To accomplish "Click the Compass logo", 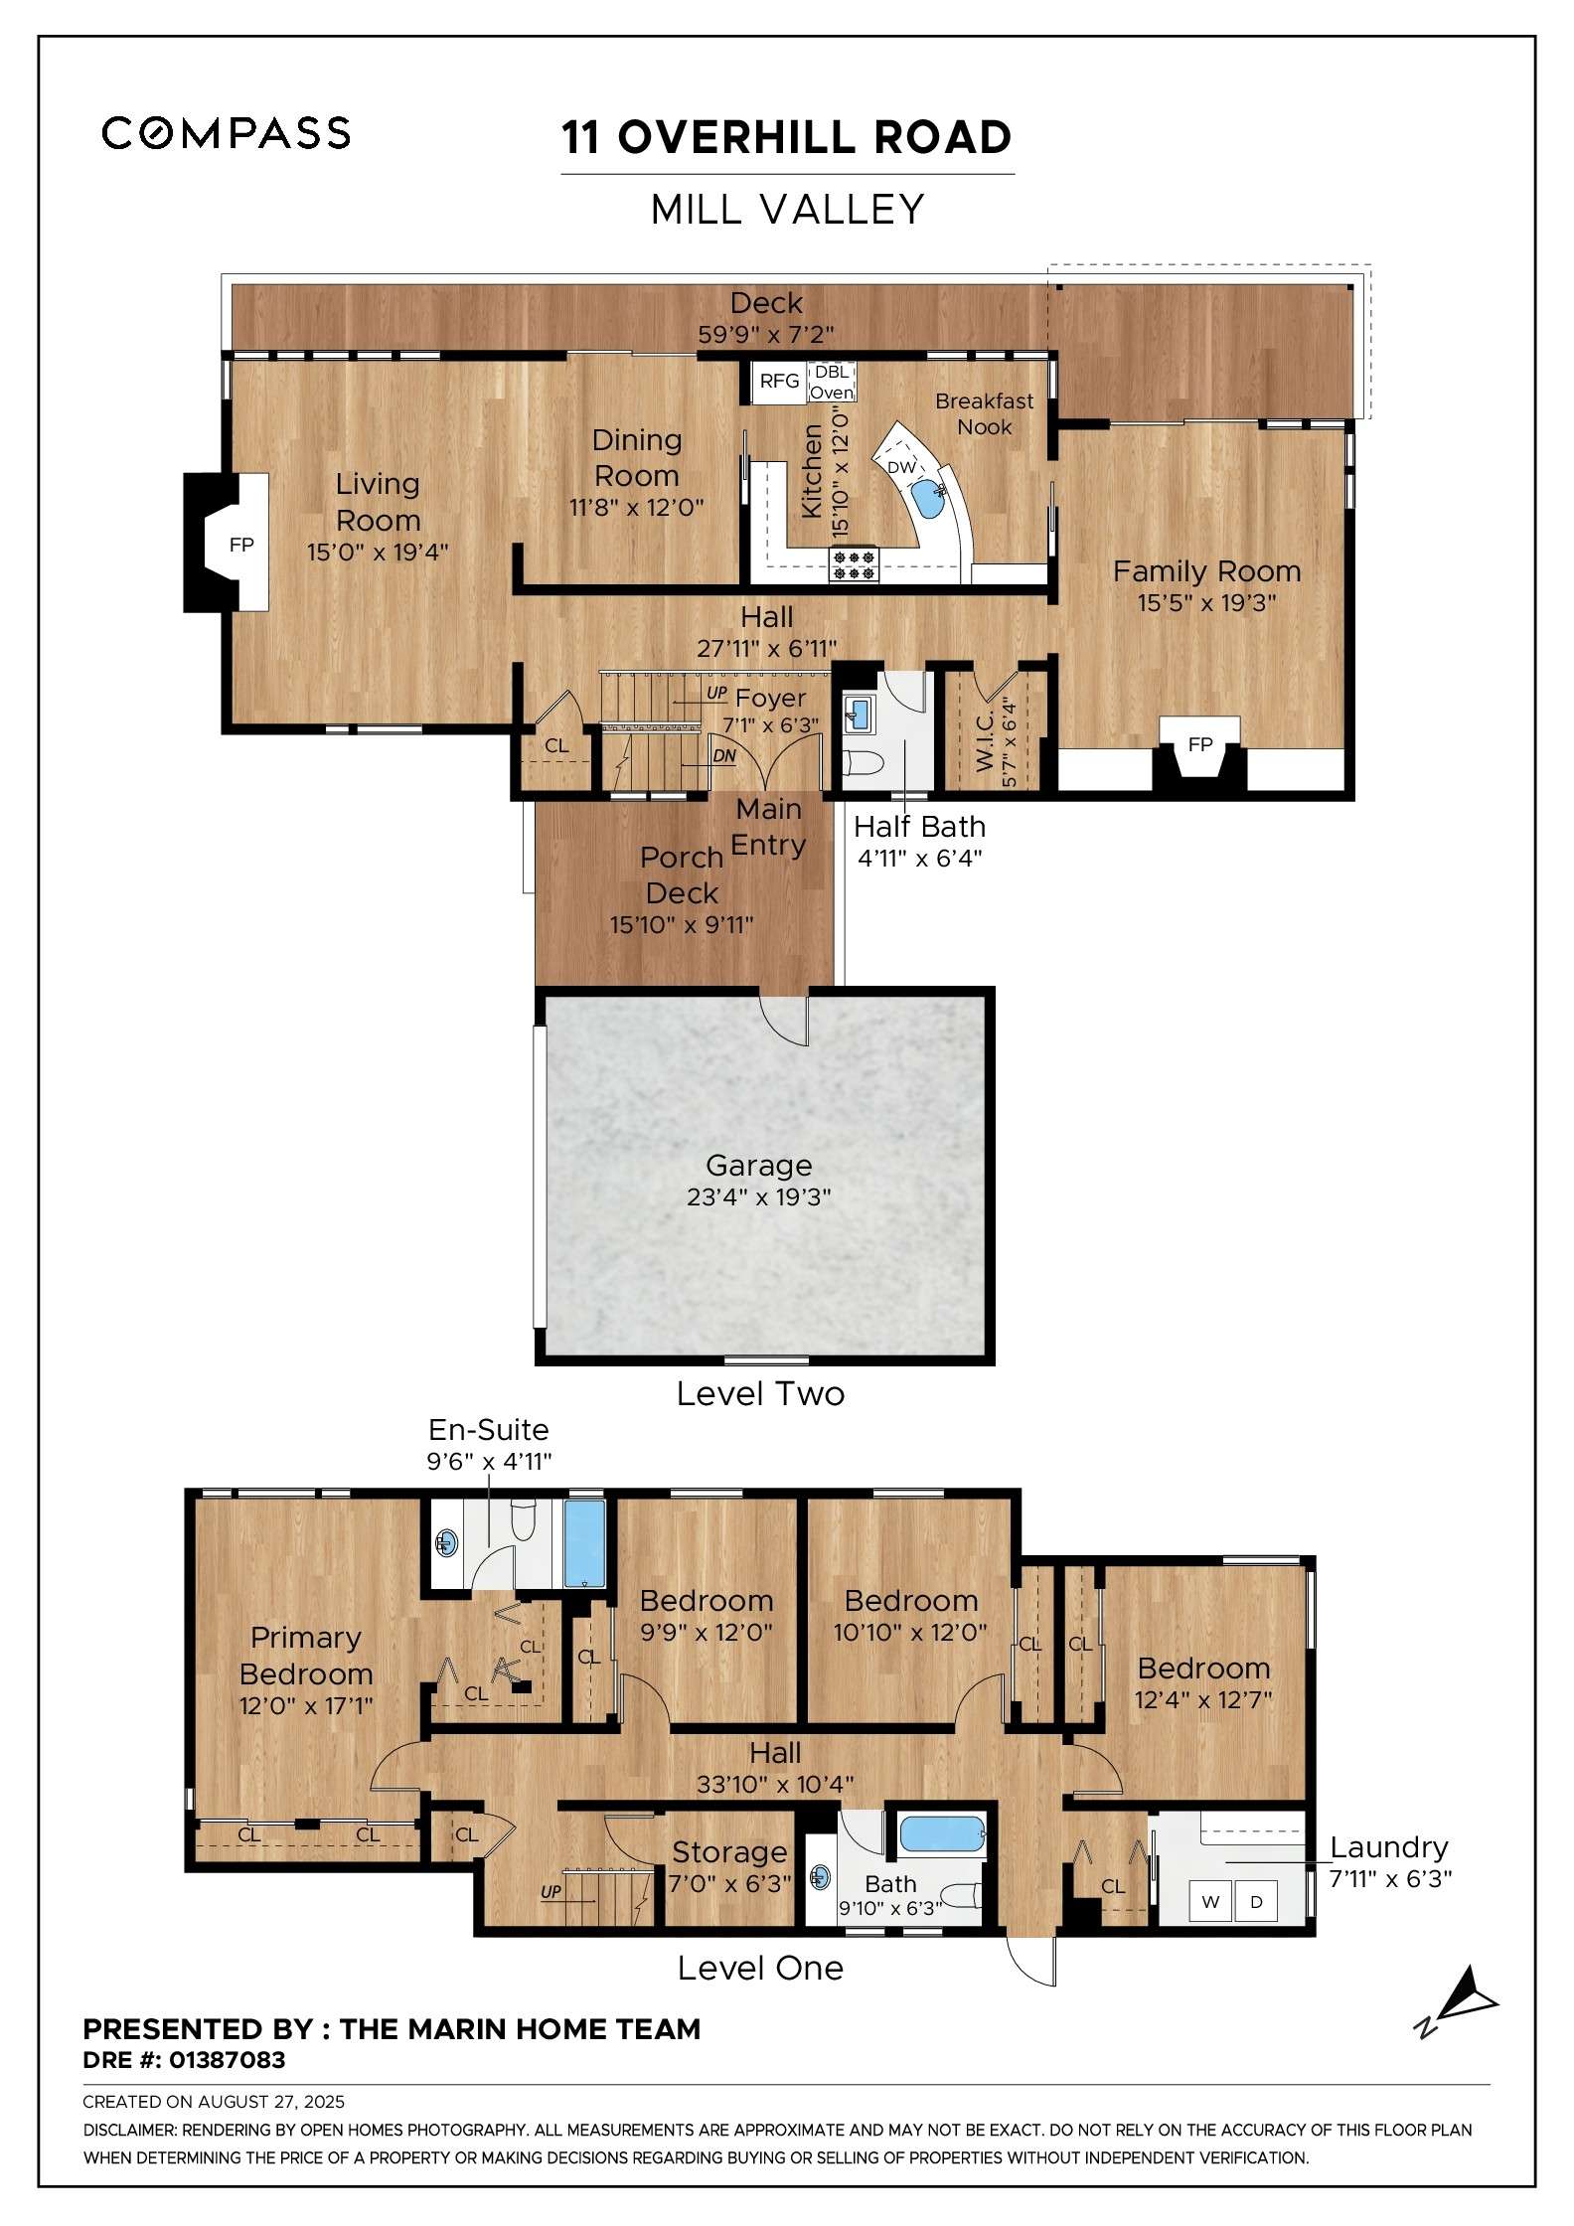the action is (x=226, y=133).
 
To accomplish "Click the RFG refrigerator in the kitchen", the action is (x=779, y=381).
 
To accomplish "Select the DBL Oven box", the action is (x=832, y=382).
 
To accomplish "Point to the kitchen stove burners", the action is (x=855, y=565).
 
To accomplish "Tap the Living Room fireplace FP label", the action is (x=241, y=545).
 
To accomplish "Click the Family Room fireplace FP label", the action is (x=1200, y=744).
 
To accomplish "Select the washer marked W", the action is (x=1210, y=1902).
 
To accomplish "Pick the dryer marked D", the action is (x=1256, y=1902).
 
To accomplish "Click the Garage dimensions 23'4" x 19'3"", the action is (x=759, y=1196).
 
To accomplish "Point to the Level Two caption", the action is (x=760, y=1393).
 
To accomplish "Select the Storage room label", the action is (x=729, y=1852).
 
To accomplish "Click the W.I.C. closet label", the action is (x=984, y=739).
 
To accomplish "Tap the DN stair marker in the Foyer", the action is (x=724, y=755).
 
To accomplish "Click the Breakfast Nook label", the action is (x=985, y=413).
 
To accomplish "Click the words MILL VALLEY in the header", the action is (x=788, y=210).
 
